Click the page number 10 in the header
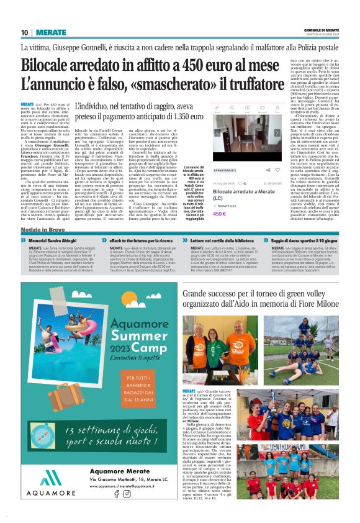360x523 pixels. click(x=25, y=32)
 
